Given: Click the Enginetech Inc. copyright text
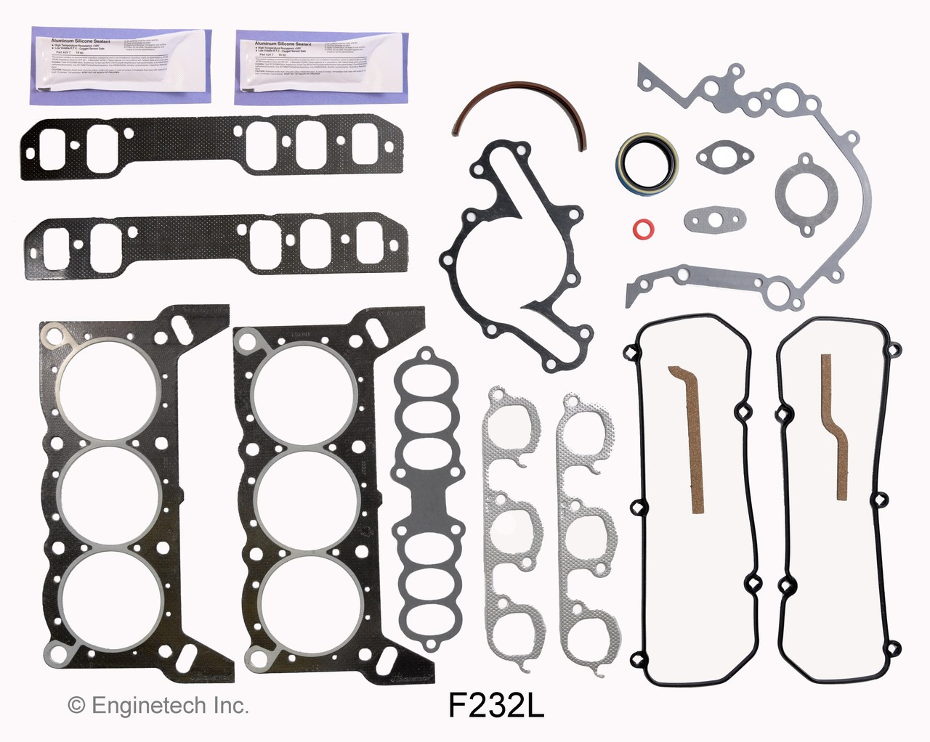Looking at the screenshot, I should pyautogui.click(x=158, y=704).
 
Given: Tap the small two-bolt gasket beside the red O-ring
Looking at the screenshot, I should pyautogui.click(x=705, y=219).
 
